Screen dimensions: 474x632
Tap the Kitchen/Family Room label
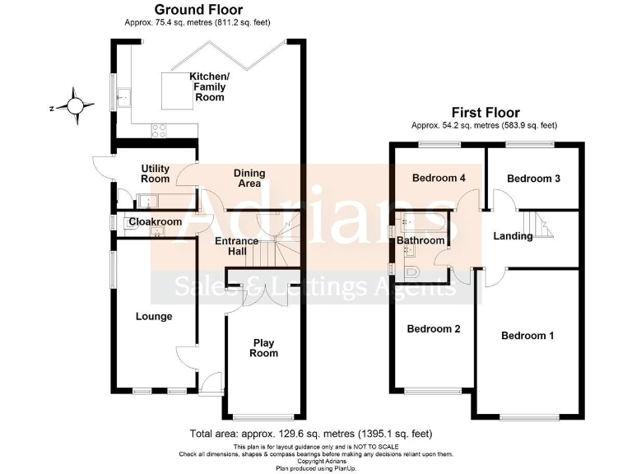click(x=210, y=86)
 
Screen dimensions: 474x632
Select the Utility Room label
click(x=155, y=173)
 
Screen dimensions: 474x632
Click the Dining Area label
click(x=249, y=178)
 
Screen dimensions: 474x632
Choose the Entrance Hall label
click(x=237, y=246)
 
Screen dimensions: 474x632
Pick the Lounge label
click(x=154, y=316)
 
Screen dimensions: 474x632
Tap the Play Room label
click(x=265, y=347)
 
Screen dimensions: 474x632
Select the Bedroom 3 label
click(x=533, y=179)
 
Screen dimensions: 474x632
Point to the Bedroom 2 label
click(x=434, y=329)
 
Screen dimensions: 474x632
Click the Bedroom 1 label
click(x=527, y=336)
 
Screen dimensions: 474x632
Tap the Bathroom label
click(x=421, y=241)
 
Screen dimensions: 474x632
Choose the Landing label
click(x=513, y=237)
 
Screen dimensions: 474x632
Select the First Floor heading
click(x=485, y=112)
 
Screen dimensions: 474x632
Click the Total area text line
click(x=311, y=434)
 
